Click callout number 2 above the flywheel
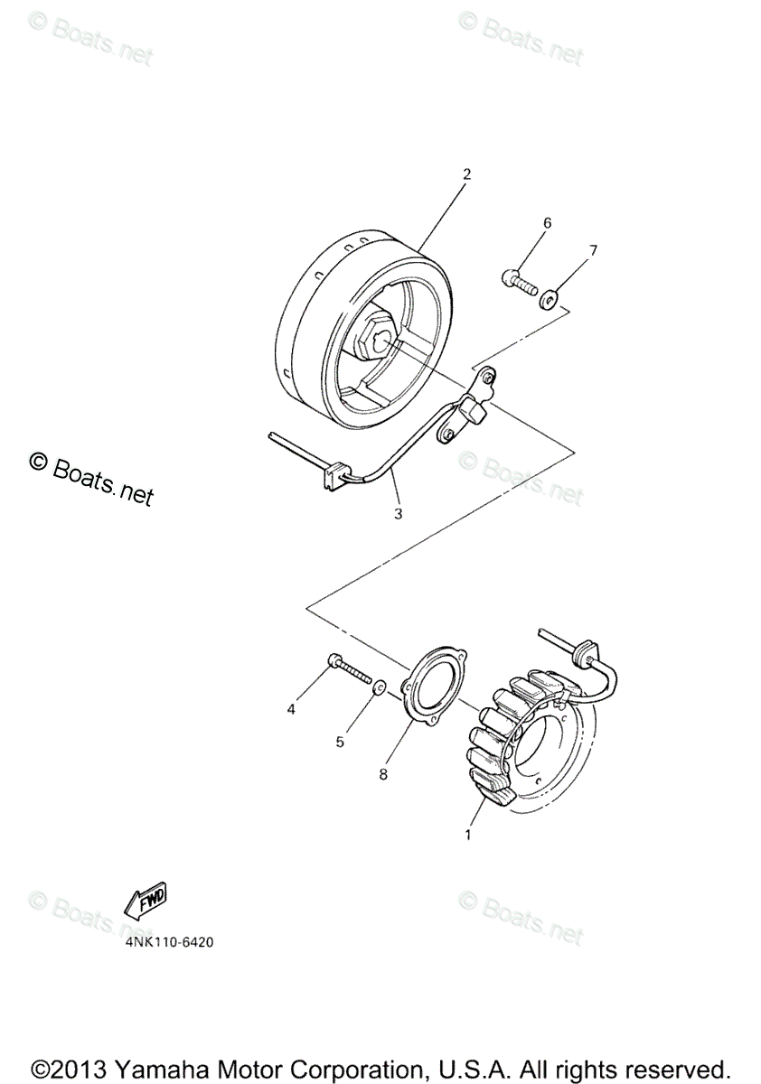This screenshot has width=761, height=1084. coord(466,174)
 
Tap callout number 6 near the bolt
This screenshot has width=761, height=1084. coord(547,223)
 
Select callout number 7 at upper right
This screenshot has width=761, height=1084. coord(593,250)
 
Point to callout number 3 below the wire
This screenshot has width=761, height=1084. coord(398,514)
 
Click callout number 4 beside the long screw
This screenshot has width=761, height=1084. coord(291,710)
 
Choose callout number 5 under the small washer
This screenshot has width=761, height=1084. coord(341,742)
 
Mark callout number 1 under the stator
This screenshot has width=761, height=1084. coord(467,836)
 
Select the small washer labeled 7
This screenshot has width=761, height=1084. coord(549,299)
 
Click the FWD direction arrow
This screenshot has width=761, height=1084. coord(146,900)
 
